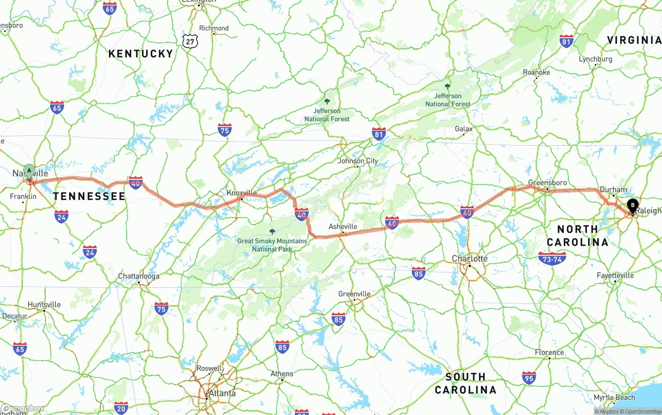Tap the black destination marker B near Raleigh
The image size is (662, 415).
(632, 206)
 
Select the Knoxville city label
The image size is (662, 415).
(242, 193)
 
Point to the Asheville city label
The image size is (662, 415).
(343, 226)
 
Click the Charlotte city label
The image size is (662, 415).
(470, 258)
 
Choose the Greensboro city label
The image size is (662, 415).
(547, 182)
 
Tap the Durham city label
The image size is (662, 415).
(613, 190)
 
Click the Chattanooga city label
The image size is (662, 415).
(139, 276)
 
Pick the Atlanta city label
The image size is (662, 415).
(222, 393)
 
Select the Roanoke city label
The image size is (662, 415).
(536, 72)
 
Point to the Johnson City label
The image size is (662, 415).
(358, 161)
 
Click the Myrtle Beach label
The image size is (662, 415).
(614, 397)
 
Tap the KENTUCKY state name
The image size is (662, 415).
(141, 54)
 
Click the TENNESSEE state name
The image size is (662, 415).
(89, 196)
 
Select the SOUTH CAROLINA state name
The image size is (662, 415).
(465, 383)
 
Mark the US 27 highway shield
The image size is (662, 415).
(189, 40)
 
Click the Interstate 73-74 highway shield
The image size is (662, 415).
(552, 258)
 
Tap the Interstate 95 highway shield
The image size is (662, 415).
(529, 378)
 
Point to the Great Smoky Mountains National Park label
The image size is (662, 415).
(272, 245)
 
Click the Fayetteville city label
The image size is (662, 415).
(615, 275)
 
